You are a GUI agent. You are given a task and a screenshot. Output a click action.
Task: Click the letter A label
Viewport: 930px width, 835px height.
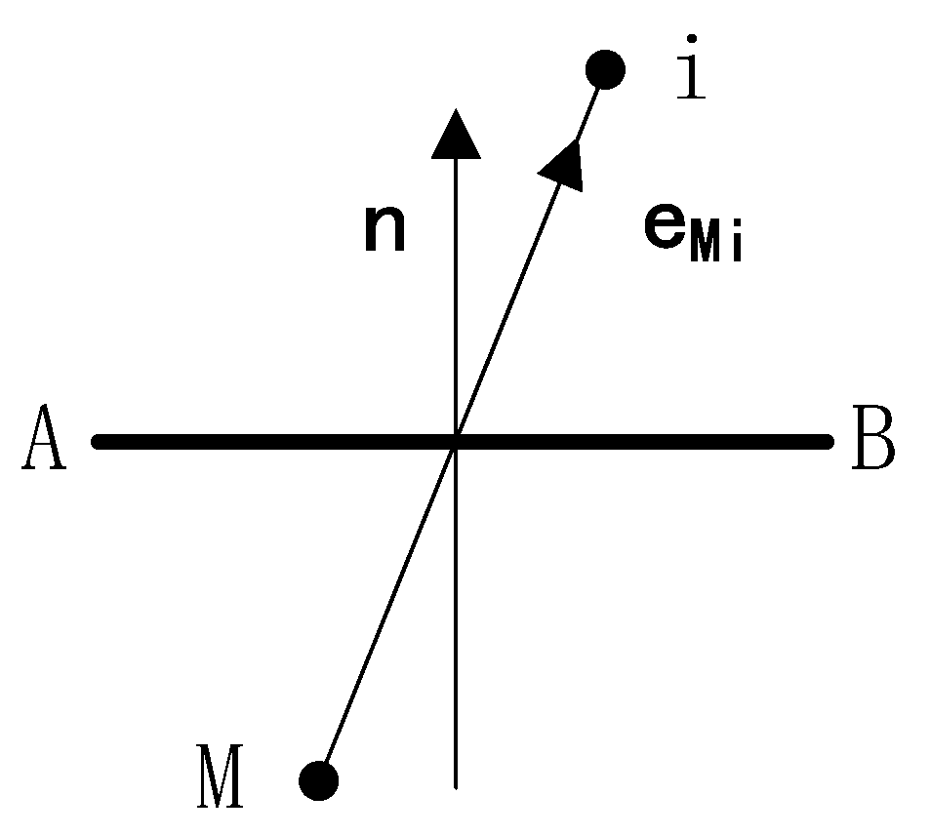(45, 441)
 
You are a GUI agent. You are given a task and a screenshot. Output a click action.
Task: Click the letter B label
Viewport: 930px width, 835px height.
(872, 442)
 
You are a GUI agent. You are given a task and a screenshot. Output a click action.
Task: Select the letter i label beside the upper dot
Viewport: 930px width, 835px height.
(691, 68)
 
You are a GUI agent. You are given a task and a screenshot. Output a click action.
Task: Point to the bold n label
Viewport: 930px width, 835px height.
(384, 230)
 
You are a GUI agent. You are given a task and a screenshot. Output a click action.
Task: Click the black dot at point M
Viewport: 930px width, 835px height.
(318, 779)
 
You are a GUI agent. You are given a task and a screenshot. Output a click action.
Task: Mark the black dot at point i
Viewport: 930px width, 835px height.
(605, 69)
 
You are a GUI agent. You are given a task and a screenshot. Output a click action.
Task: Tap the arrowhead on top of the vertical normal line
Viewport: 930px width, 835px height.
(456, 134)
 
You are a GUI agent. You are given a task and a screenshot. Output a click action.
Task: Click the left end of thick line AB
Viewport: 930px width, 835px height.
(98, 441)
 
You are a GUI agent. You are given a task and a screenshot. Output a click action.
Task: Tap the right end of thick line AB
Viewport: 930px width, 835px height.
(828, 441)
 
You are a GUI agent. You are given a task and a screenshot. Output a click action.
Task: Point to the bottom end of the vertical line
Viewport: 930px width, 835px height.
(456, 784)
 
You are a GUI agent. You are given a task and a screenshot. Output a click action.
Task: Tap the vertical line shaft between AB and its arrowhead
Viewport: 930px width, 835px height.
(456, 293)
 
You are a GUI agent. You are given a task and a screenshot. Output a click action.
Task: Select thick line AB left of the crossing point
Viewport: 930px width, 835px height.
(273, 441)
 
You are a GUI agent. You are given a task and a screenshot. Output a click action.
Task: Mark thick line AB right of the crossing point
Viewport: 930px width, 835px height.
(644, 441)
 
